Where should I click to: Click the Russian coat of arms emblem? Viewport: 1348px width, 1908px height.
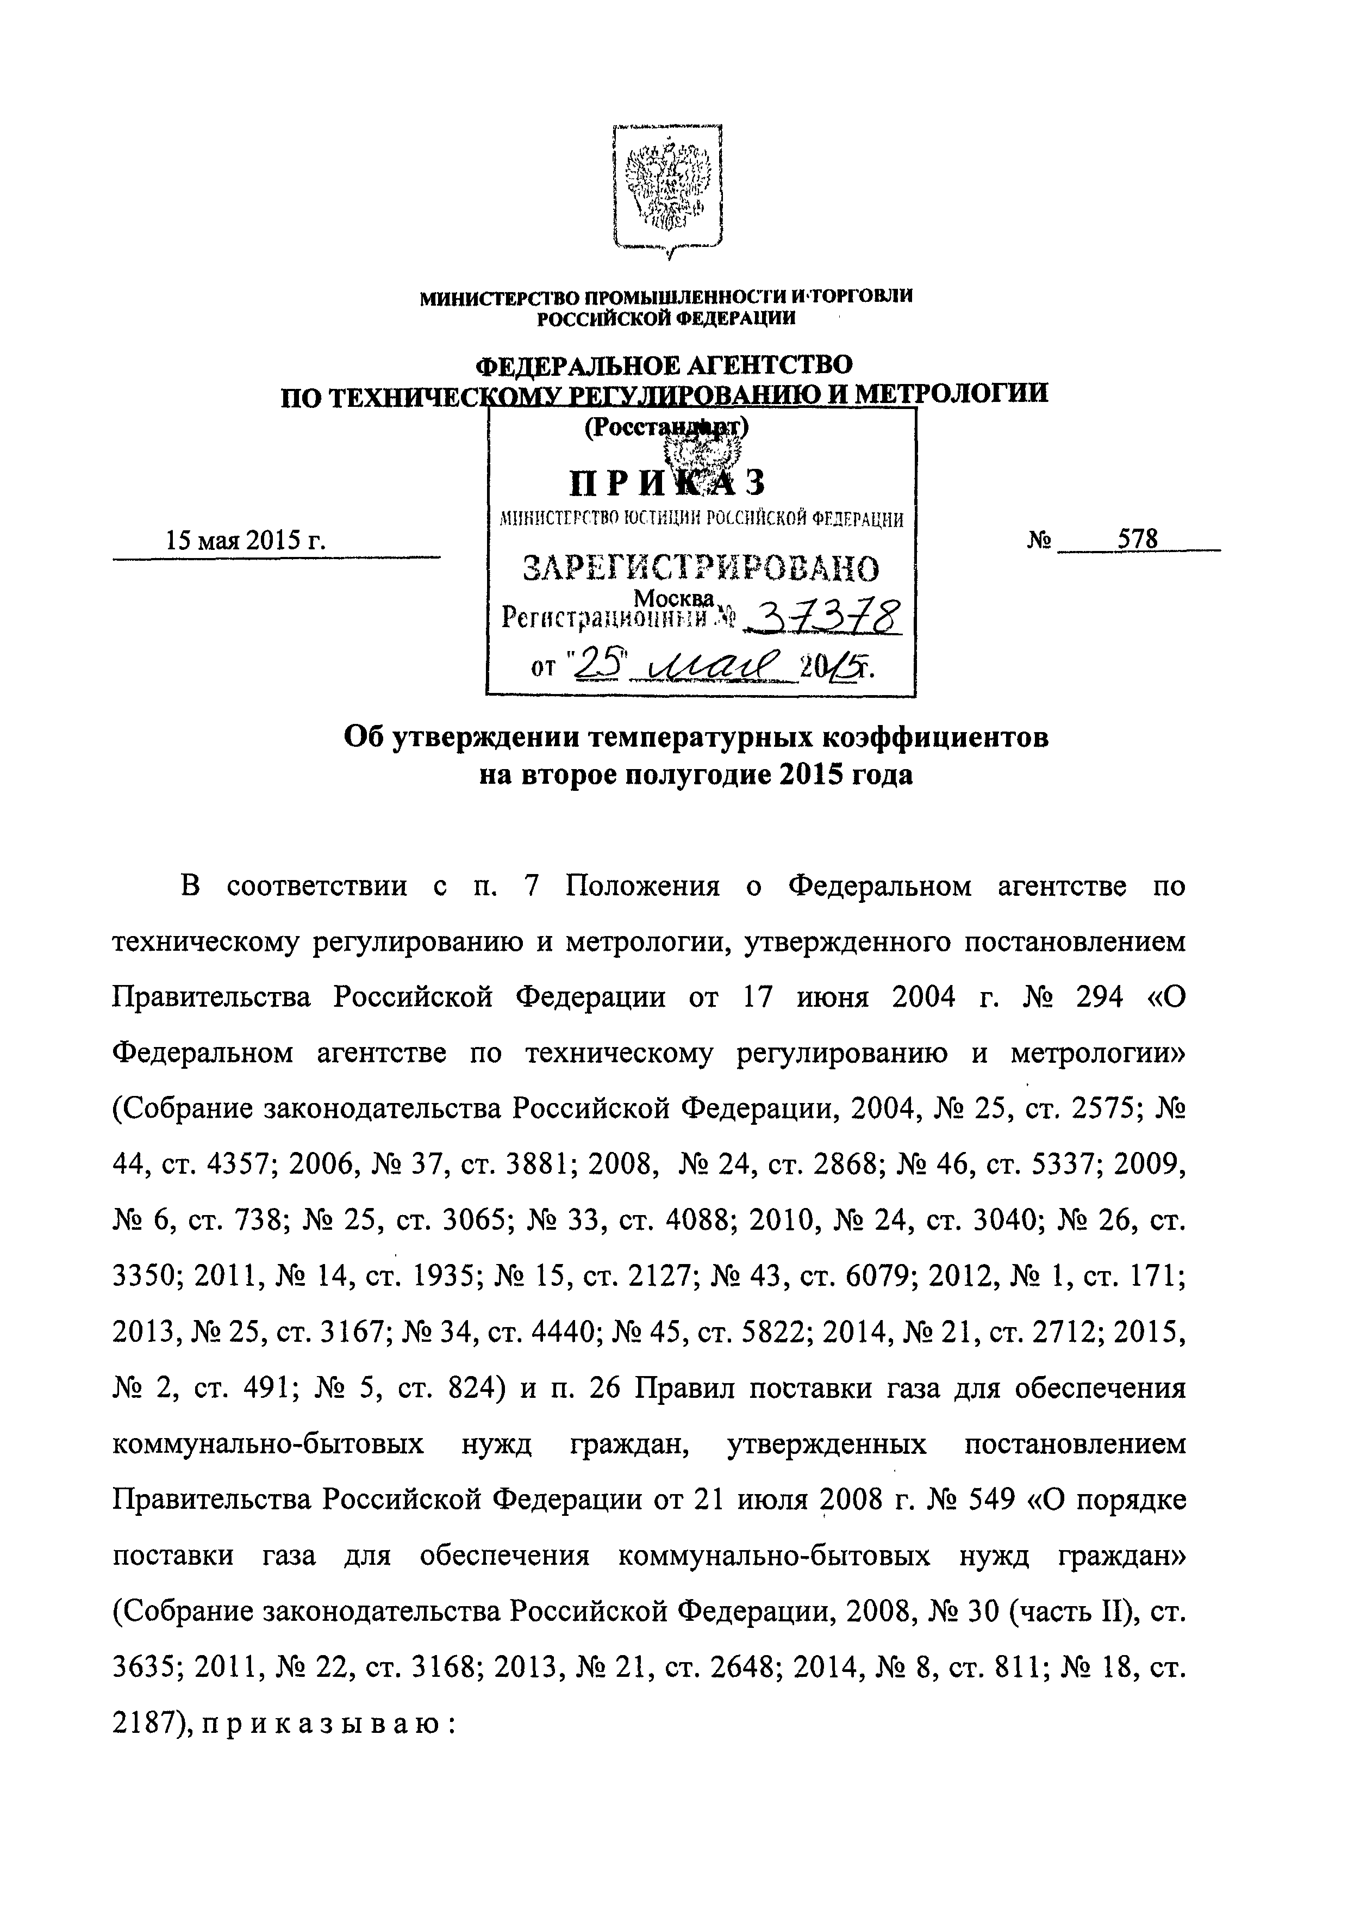pos(668,189)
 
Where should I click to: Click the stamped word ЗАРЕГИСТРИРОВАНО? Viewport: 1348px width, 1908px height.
pos(702,569)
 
